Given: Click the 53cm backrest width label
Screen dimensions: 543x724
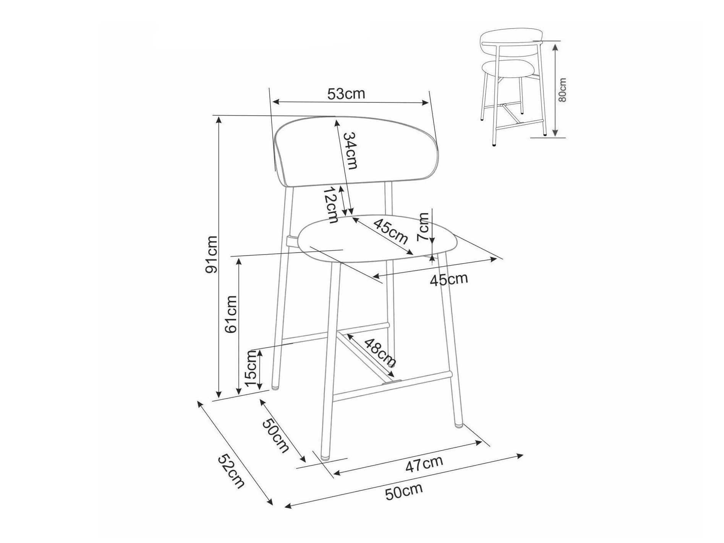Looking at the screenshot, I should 346,94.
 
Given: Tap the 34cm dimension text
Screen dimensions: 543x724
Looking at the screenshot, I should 350,151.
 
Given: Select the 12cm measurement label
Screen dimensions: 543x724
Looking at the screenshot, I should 331,205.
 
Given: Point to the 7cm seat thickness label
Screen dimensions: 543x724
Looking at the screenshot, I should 423,227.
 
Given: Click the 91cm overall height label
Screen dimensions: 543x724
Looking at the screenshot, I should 211,254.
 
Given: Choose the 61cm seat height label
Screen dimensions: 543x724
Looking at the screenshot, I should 232,314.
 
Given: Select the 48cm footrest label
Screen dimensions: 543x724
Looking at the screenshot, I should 380,352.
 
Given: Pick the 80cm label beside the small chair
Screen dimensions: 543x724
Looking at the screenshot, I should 562,90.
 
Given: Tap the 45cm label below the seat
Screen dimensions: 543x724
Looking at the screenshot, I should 449,279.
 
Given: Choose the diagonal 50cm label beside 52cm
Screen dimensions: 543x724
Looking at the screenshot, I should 275,436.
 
